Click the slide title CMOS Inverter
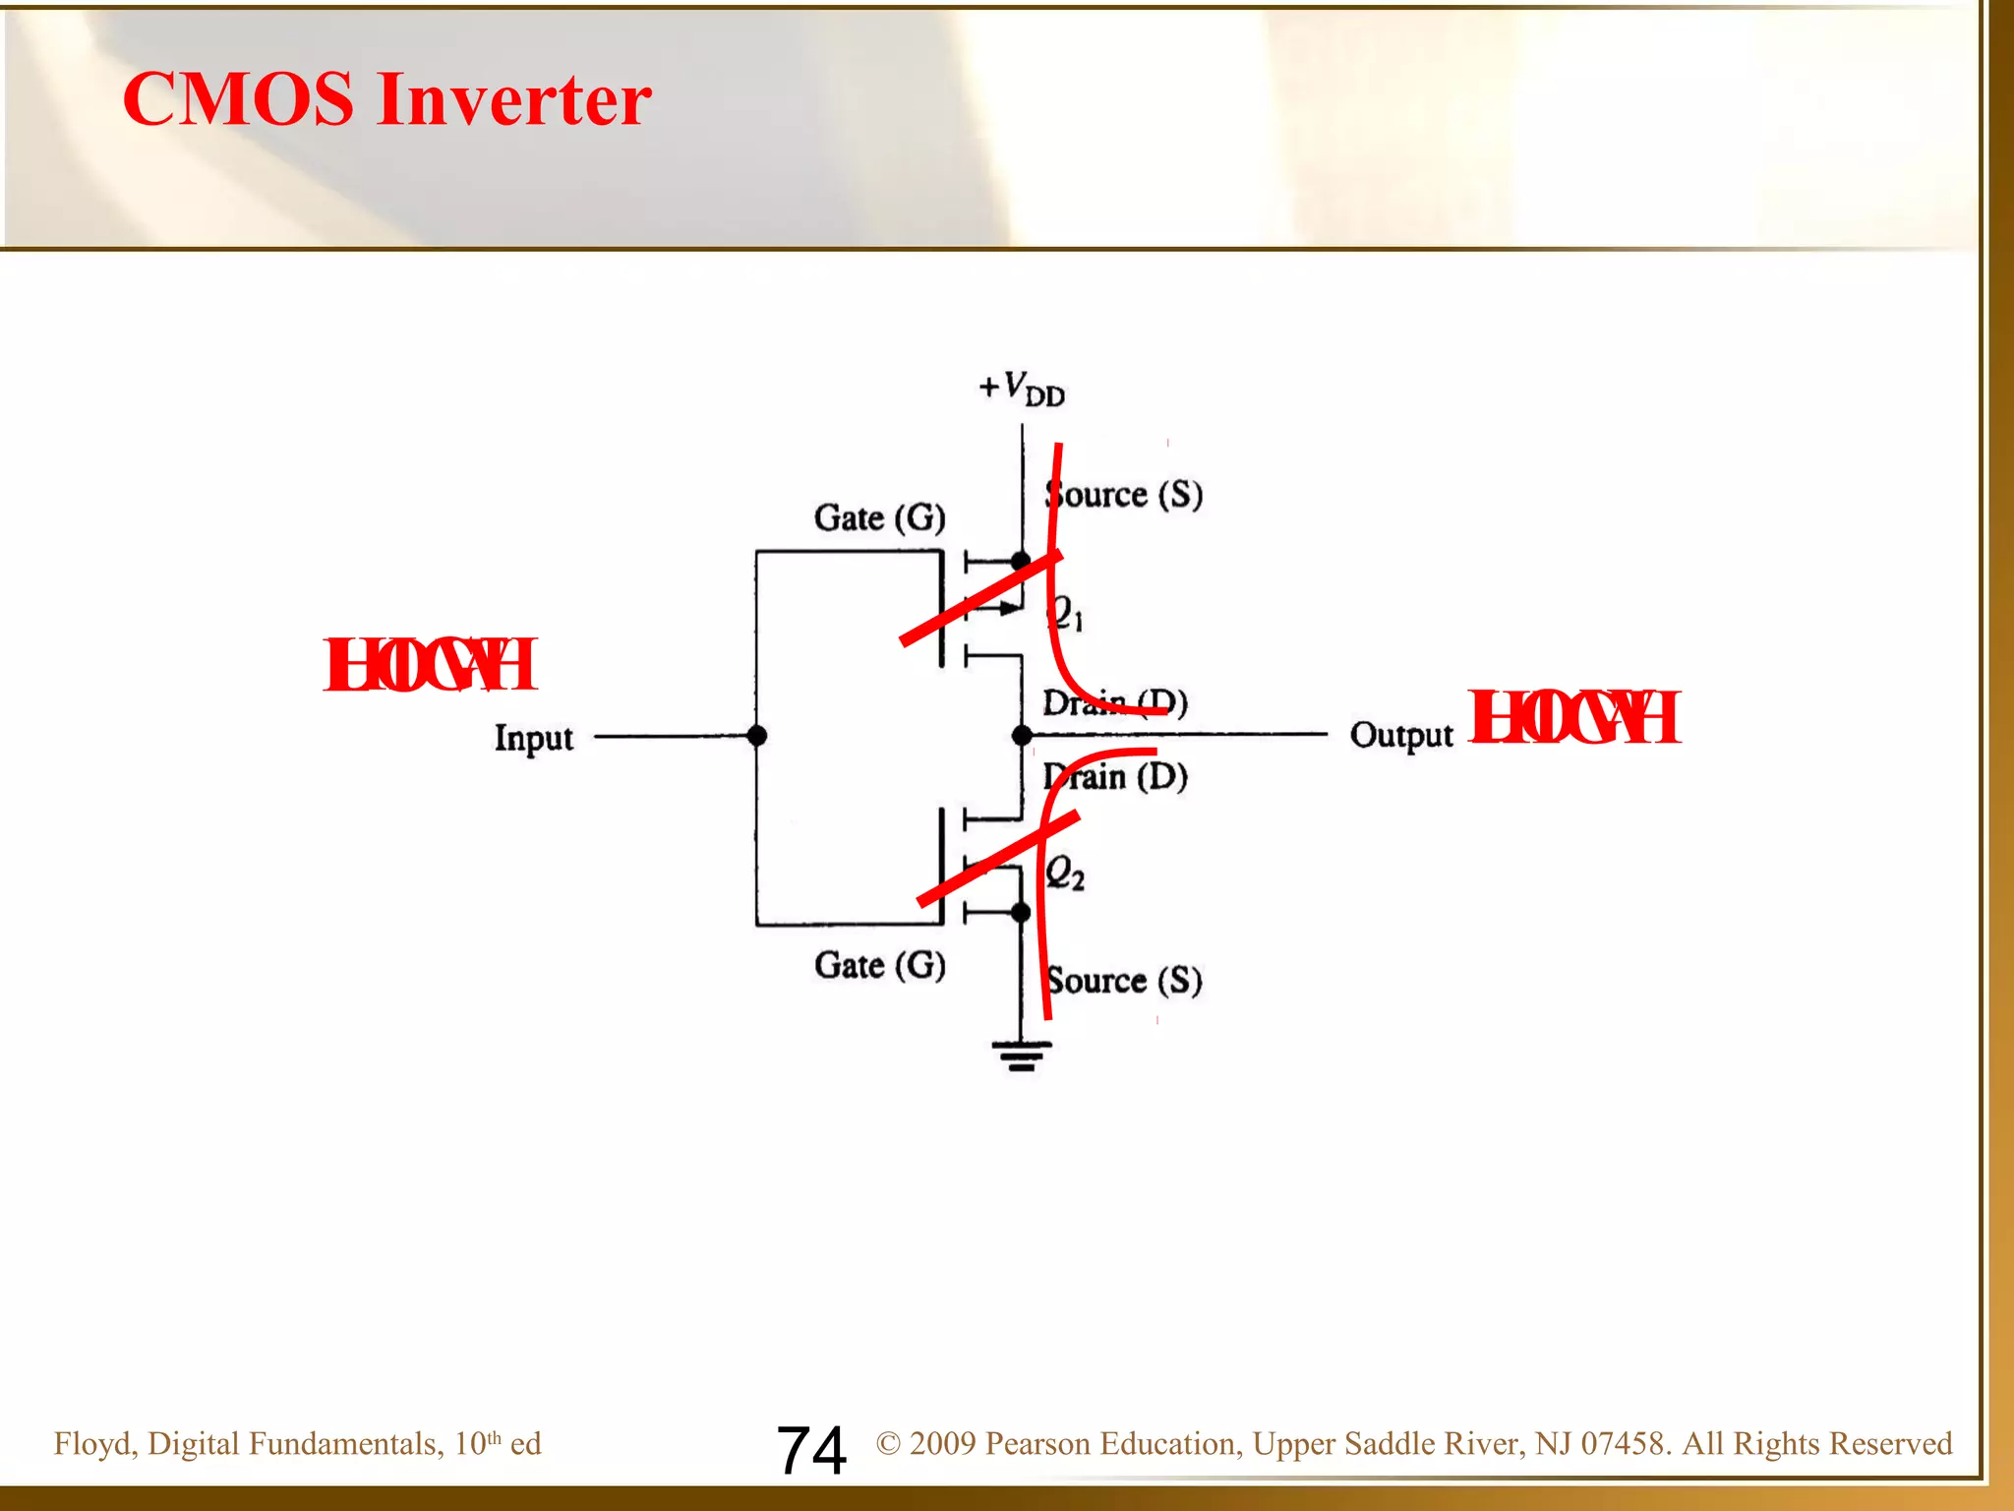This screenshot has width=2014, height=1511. coord(386,99)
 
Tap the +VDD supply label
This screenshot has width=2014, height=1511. coord(1022,389)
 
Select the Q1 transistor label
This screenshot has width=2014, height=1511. coord(1064,613)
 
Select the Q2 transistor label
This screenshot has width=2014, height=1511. coord(1064,873)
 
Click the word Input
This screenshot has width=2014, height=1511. coord(533,738)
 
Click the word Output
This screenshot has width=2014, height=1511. coord(1400,735)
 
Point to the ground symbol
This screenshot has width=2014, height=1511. coord(1022,1056)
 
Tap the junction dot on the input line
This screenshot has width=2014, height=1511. coord(756,736)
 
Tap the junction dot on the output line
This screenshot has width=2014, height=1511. coord(1022,735)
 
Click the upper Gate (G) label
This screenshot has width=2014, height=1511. coord(879,517)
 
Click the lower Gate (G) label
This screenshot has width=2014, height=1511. coord(879,965)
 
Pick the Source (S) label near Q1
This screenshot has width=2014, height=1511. coord(1124,494)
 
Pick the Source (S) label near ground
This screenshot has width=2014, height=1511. coord(1124,980)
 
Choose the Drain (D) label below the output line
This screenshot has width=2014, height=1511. coord(1115,777)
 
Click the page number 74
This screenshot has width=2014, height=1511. coord(811,1450)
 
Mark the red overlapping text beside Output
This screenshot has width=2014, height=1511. coord(1573,717)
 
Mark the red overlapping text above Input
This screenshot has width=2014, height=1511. coord(430,665)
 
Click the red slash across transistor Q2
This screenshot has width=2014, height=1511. coord(997,858)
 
